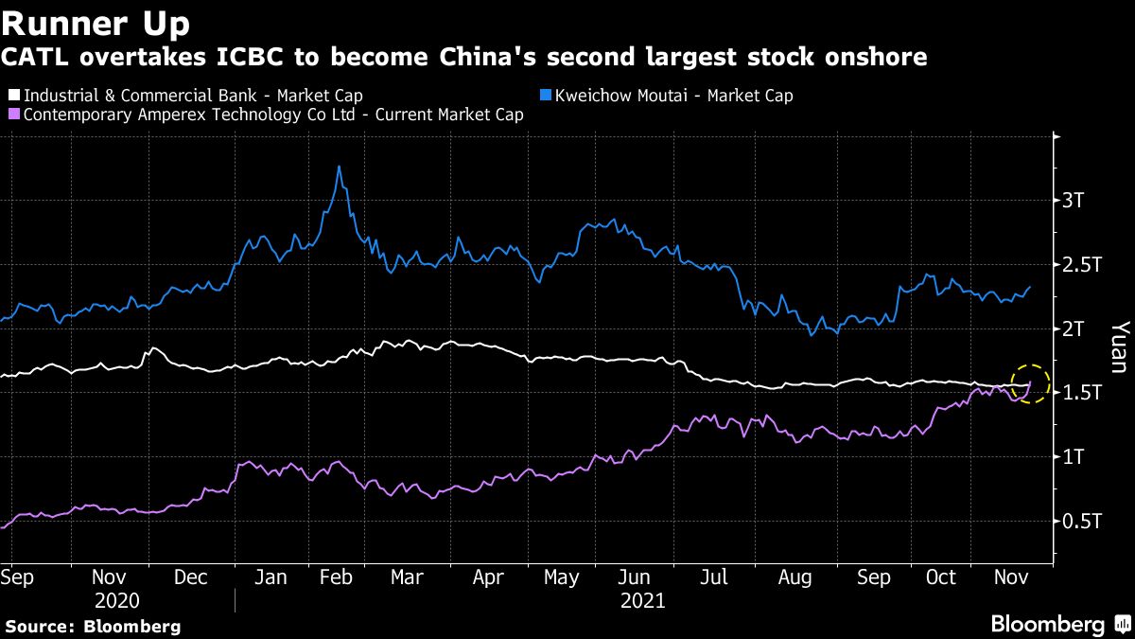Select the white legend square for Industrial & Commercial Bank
(13, 96)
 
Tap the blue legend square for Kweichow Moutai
(545, 96)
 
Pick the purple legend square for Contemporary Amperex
(13, 115)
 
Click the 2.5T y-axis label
(1083, 265)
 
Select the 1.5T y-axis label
(1083, 393)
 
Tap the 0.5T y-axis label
(1083, 521)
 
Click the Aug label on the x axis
(794, 577)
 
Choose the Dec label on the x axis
(193, 577)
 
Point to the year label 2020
(117, 601)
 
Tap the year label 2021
(643, 601)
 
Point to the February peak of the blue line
(339, 168)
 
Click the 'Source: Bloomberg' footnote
(92, 626)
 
